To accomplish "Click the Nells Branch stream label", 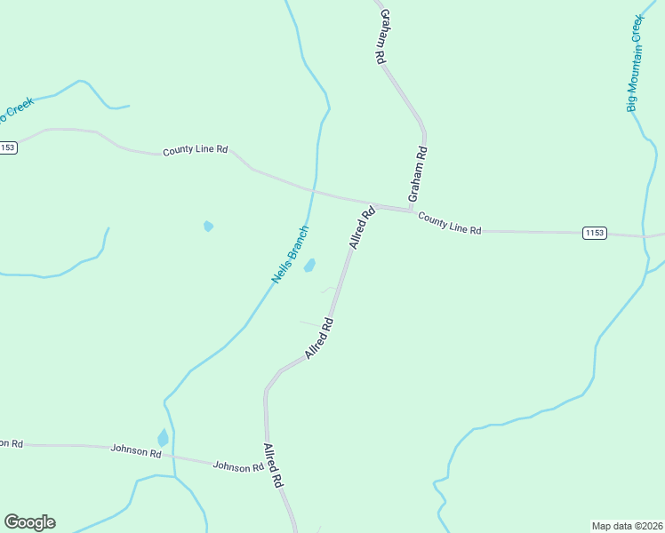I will [x=291, y=256].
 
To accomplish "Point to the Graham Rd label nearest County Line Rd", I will [x=418, y=172].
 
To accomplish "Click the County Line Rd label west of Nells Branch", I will [x=196, y=151].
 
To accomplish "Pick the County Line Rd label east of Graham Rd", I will [x=450, y=223].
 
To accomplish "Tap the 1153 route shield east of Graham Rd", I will [x=595, y=233].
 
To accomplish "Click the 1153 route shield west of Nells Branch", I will [x=8, y=147].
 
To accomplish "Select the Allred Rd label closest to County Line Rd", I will [x=363, y=227].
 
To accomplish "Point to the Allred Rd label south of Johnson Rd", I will [x=272, y=465].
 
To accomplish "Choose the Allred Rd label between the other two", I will [x=318, y=338].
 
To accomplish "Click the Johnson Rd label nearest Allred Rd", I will [x=238, y=465].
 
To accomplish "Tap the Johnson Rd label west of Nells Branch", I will [x=136, y=451].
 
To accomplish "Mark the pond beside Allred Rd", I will [x=309, y=265].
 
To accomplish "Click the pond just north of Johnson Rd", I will [x=163, y=438].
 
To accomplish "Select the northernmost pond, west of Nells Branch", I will [x=208, y=226].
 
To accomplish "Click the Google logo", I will [x=29, y=522].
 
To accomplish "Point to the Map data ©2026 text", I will [x=628, y=525].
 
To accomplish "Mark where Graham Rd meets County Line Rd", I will [x=412, y=211].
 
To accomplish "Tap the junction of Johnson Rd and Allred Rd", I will [x=267, y=465].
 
